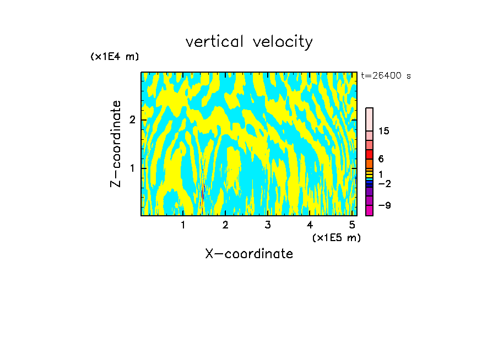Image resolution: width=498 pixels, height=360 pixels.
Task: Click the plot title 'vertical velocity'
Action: click(x=249, y=42)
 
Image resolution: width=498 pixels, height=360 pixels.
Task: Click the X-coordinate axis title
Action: click(x=249, y=254)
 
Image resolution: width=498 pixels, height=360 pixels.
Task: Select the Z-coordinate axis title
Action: click(x=116, y=144)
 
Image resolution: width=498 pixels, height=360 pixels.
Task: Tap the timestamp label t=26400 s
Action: click(x=386, y=76)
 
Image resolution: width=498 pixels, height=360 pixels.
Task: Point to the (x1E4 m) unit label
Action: click(x=115, y=57)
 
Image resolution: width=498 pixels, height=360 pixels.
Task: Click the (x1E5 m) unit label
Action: click(x=336, y=237)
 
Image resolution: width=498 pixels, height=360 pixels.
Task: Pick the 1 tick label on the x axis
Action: click(x=183, y=225)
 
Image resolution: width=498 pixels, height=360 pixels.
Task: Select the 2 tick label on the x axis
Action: click(x=225, y=225)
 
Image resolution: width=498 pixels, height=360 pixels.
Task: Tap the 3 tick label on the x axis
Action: click(x=268, y=225)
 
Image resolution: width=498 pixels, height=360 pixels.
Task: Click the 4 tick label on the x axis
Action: click(x=310, y=225)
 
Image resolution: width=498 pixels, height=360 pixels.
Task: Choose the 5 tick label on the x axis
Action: click(x=352, y=225)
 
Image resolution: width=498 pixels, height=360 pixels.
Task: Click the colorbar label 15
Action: click(x=384, y=131)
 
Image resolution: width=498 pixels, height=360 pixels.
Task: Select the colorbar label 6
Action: click(x=381, y=159)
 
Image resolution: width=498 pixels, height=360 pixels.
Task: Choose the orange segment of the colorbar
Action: click(x=369, y=163)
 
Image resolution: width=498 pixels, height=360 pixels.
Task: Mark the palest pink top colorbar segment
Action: click(x=369, y=119)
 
